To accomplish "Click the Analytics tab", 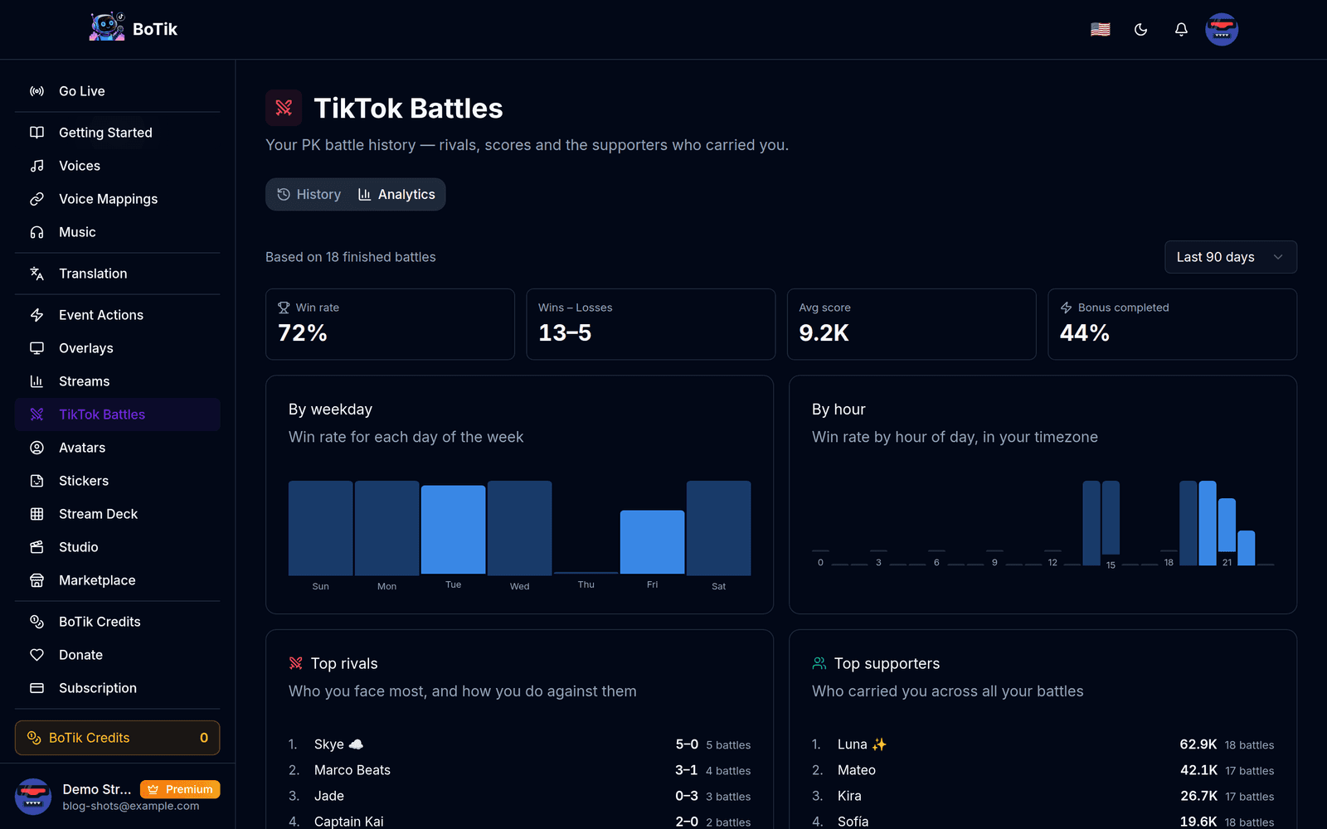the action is coord(396,194).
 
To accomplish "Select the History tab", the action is coord(309,194).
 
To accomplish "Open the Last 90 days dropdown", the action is coord(1231,257).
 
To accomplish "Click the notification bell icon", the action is coord(1181,29).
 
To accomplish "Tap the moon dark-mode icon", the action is coord(1140,29).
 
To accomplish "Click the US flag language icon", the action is coord(1100,29).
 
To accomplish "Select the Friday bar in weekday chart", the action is coord(652,542).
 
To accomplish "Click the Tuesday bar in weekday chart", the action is coord(453,530).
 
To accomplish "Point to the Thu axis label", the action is coord(586,584).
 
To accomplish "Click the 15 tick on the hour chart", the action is coord(1111,565).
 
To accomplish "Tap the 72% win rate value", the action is coord(303,332).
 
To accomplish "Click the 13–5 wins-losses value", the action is coord(565,332).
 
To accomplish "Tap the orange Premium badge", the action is coord(180,789).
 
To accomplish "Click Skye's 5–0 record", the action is coord(687,744).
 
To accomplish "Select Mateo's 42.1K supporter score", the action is coord(1198,770).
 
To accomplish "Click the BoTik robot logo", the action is coord(107,27).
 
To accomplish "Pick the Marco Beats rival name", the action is coord(352,770).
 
